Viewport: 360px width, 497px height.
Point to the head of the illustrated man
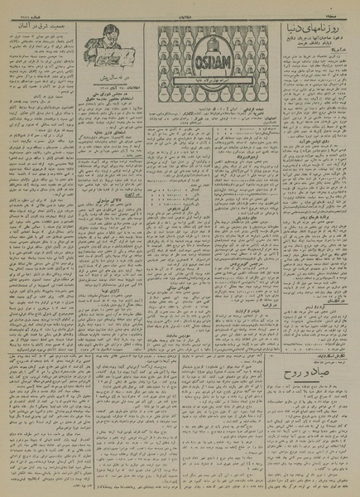tap(105, 35)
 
